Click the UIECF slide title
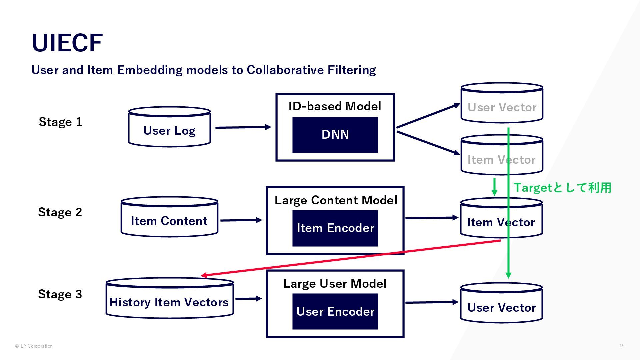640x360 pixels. (x=67, y=43)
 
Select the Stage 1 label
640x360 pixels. (x=60, y=122)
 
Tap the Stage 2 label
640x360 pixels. (x=60, y=212)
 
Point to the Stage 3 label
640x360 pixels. (x=60, y=294)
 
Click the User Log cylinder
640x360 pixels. (x=169, y=127)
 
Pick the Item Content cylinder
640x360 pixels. (x=169, y=217)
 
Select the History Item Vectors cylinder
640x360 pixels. (x=170, y=298)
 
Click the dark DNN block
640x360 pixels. (x=335, y=135)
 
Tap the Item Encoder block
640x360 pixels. (x=335, y=228)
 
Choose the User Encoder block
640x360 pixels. (x=335, y=312)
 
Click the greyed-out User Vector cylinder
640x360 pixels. (x=502, y=103)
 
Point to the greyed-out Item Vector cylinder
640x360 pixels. (x=502, y=155)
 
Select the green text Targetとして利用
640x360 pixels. (x=562, y=188)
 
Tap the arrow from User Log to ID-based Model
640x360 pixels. (x=243, y=127)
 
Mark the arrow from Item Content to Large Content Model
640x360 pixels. (x=241, y=220)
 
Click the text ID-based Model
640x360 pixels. (x=335, y=106)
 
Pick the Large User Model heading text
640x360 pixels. (x=335, y=284)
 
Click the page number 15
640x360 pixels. (x=622, y=346)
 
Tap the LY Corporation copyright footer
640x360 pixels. (x=34, y=346)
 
